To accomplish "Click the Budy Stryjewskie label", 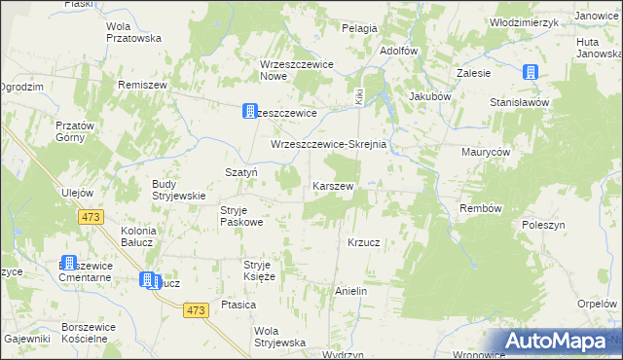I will (x=178, y=189).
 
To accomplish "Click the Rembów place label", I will (x=480, y=208).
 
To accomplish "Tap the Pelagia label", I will (x=359, y=28).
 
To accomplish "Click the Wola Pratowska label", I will (x=133, y=32).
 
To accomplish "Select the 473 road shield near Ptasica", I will (x=196, y=309).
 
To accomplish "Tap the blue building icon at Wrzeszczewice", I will (x=250, y=112).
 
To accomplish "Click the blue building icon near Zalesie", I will (x=531, y=72).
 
